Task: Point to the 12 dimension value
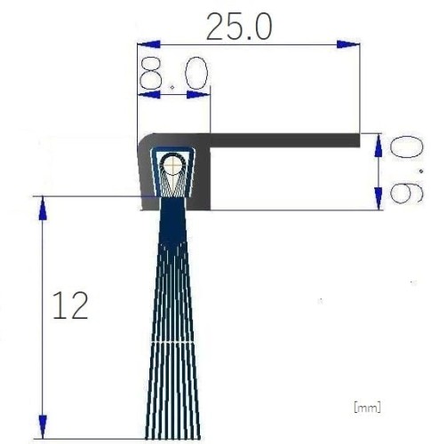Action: (x=71, y=307)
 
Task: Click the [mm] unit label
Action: (x=367, y=408)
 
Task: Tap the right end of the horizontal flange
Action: (x=357, y=139)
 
